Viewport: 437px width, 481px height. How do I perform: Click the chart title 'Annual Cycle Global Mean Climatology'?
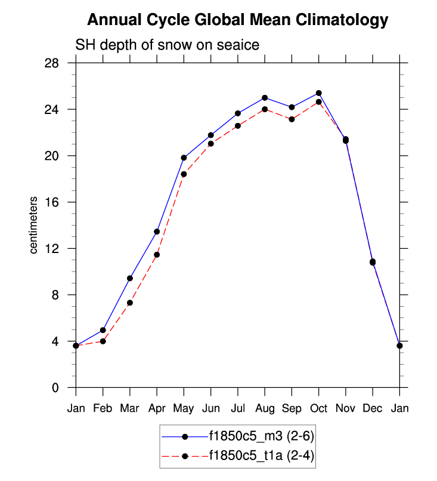click(x=237, y=20)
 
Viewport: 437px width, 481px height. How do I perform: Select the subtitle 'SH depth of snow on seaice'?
click(x=166, y=45)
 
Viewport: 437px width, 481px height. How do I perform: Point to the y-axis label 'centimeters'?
click(x=34, y=224)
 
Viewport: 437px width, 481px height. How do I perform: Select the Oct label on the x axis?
click(x=318, y=409)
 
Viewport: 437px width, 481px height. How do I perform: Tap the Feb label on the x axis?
click(x=103, y=409)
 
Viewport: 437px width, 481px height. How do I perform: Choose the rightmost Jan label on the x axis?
click(x=399, y=409)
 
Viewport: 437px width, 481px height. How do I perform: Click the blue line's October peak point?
click(x=318, y=93)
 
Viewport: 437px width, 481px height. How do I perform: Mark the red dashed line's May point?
click(x=184, y=174)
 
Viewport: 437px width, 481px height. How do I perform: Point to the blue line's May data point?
click(x=184, y=158)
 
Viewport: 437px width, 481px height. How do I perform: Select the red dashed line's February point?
click(x=103, y=341)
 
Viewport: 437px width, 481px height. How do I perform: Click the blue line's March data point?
click(x=130, y=278)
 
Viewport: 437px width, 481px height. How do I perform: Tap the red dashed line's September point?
click(x=292, y=119)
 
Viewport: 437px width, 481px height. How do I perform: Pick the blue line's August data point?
click(x=265, y=97)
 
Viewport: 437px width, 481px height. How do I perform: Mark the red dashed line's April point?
click(x=157, y=255)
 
